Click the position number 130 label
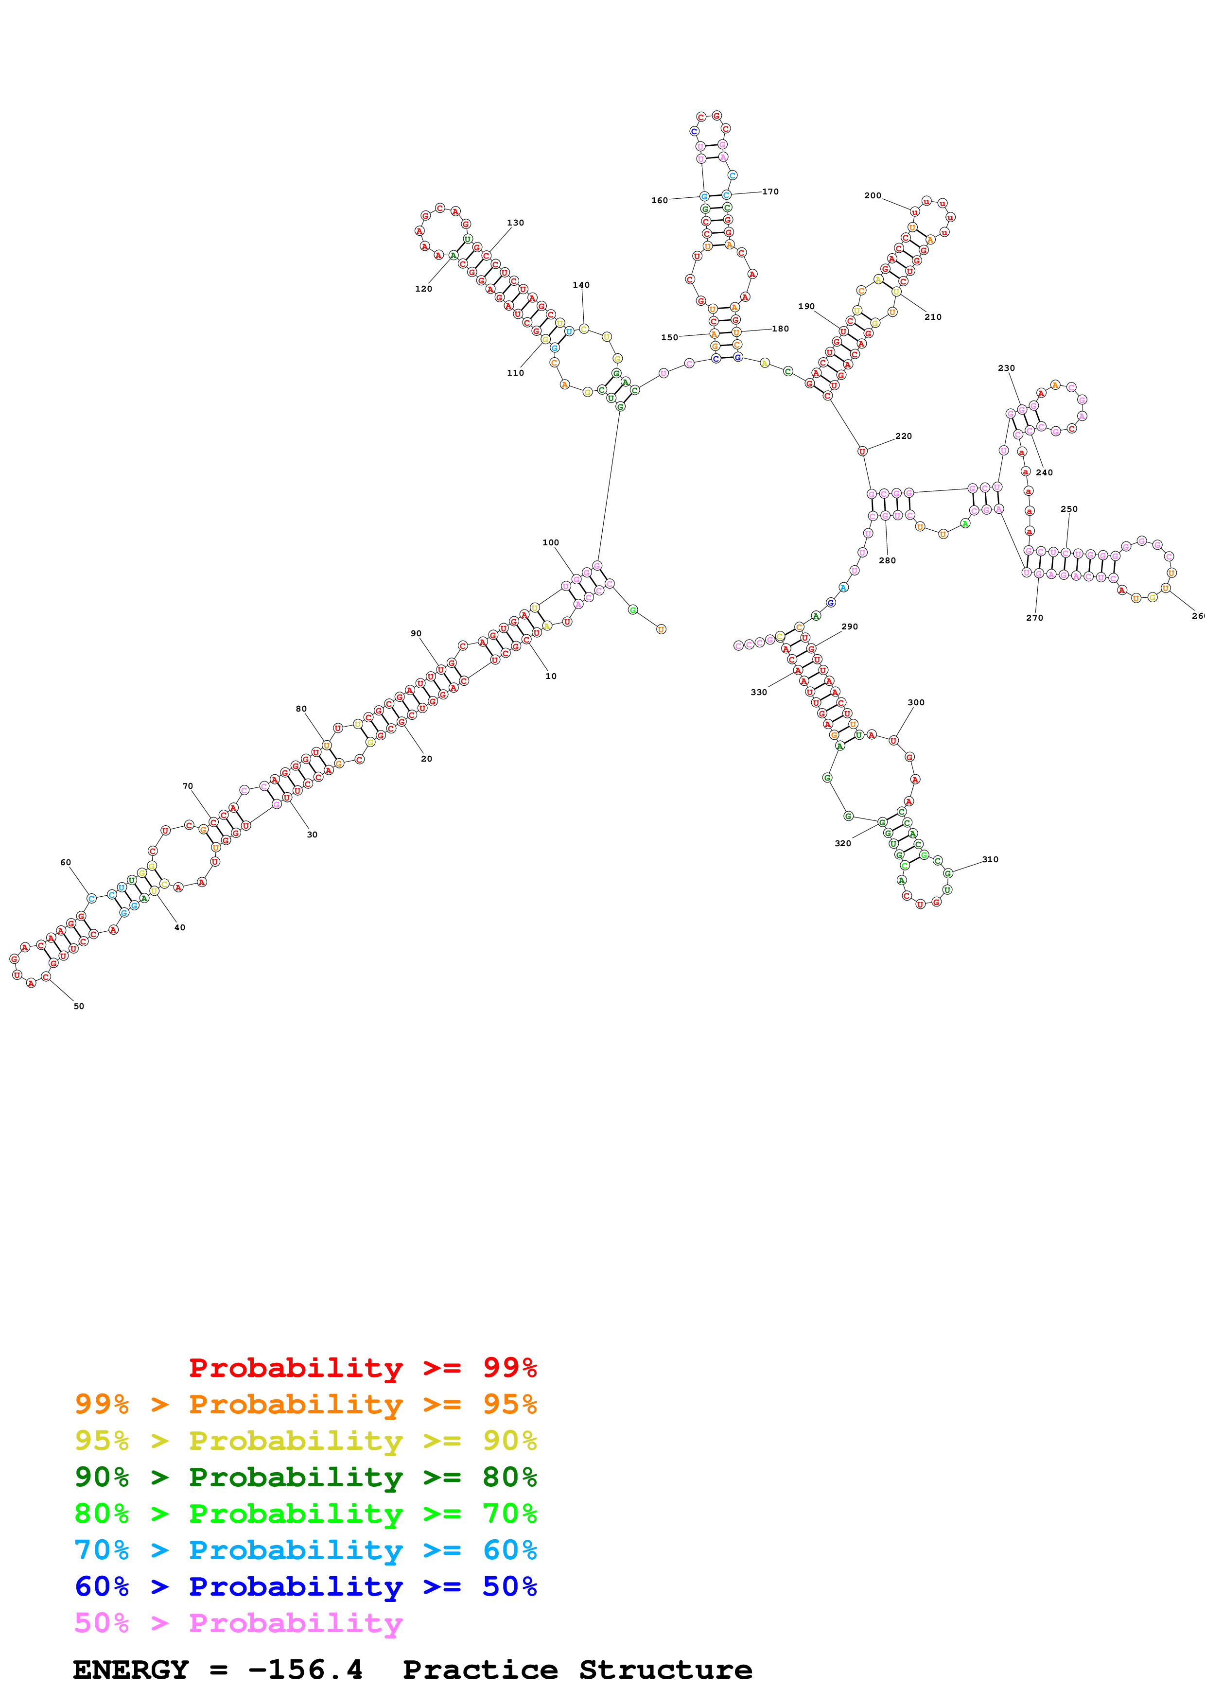tap(515, 223)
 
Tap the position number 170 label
tap(770, 191)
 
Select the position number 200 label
tap(873, 196)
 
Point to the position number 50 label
tap(79, 1006)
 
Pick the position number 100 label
tap(550, 543)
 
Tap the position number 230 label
tap(1006, 368)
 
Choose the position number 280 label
tap(887, 561)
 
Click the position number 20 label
tap(426, 759)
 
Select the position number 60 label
tap(65, 862)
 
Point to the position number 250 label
tap(1068, 509)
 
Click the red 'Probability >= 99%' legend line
tap(362, 1367)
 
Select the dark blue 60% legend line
tap(305, 1586)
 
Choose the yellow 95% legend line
tap(305, 1441)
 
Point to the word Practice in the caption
tap(480, 1670)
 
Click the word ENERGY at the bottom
tap(131, 1670)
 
